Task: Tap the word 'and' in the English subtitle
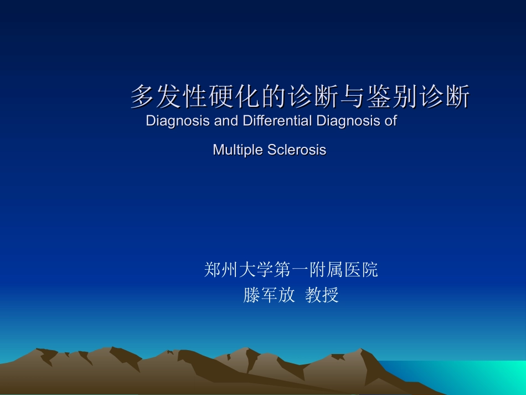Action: [x=225, y=121]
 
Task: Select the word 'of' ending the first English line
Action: [x=391, y=121]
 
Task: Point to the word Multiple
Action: [x=238, y=150]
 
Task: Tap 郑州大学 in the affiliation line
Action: [x=239, y=270]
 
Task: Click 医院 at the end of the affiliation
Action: [x=361, y=270]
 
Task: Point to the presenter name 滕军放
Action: [x=269, y=295]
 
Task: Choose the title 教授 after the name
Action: [x=322, y=295]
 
